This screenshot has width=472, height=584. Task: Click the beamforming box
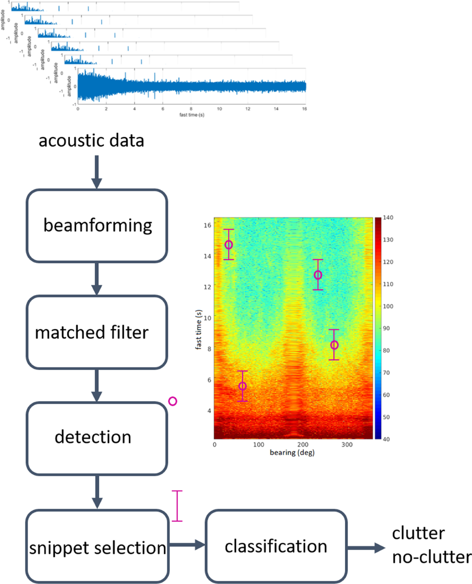97,226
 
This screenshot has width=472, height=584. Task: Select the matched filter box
97,332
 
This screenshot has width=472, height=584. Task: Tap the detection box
97,438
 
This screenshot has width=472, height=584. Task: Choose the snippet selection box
97,547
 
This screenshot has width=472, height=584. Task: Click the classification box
276,546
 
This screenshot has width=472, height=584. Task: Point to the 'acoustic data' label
91,141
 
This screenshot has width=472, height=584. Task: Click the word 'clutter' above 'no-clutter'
418,533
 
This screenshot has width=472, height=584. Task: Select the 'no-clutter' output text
431,557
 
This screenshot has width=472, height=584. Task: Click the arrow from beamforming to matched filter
97,278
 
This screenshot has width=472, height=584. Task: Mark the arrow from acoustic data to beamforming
97,172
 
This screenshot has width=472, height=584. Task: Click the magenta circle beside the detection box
173,401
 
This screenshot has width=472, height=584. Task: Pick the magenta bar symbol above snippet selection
177,506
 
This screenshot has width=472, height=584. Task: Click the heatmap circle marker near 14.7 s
229,245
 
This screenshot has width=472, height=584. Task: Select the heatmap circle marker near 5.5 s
243,386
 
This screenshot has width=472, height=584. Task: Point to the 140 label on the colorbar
388,218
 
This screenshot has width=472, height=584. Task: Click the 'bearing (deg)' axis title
292,453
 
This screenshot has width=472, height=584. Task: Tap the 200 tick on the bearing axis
303,445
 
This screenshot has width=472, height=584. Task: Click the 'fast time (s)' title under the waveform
192,115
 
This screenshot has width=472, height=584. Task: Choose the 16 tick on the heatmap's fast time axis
207,225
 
